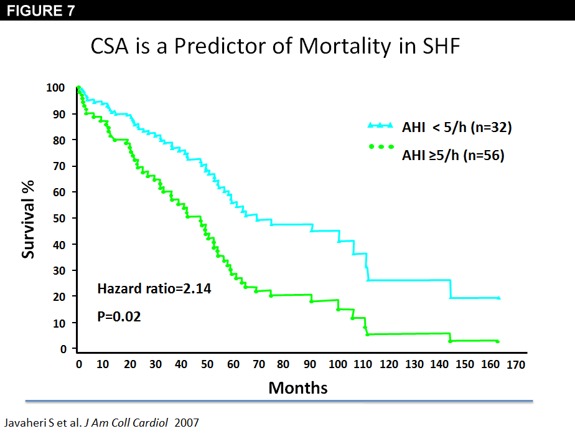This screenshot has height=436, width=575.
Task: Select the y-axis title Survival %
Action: click(x=29, y=219)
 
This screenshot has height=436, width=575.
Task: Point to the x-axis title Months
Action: click(x=297, y=387)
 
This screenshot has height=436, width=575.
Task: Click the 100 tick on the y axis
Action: click(x=56, y=88)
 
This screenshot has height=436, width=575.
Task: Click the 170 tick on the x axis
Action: click(x=517, y=364)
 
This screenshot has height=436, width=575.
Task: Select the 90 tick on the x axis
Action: click(x=310, y=364)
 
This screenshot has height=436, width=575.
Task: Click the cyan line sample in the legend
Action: click(x=381, y=126)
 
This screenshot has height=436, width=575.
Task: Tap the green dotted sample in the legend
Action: click(x=381, y=147)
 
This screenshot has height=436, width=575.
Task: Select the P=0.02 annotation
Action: click(x=119, y=316)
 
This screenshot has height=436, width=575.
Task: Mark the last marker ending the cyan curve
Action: click(x=498, y=298)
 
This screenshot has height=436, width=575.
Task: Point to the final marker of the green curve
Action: click(x=498, y=341)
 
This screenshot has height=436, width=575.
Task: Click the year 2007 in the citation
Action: click(x=187, y=423)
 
